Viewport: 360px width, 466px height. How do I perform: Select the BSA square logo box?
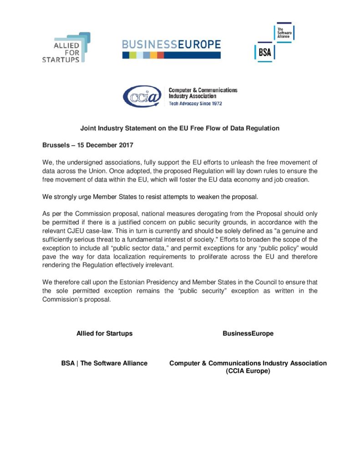[x=264, y=52]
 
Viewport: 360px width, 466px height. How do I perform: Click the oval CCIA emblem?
[x=142, y=96]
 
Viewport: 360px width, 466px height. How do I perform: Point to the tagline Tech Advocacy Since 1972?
[x=195, y=103]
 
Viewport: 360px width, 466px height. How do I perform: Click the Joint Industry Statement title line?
[x=180, y=128]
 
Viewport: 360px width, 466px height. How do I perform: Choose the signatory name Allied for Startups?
[x=104, y=334]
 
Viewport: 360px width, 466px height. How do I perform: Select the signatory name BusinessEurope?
[x=248, y=334]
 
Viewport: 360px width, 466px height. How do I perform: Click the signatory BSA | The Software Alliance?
[x=104, y=363]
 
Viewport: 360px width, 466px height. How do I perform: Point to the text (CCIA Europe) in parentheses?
[x=248, y=371]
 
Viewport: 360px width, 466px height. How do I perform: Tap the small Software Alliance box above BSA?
[x=285, y=32]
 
